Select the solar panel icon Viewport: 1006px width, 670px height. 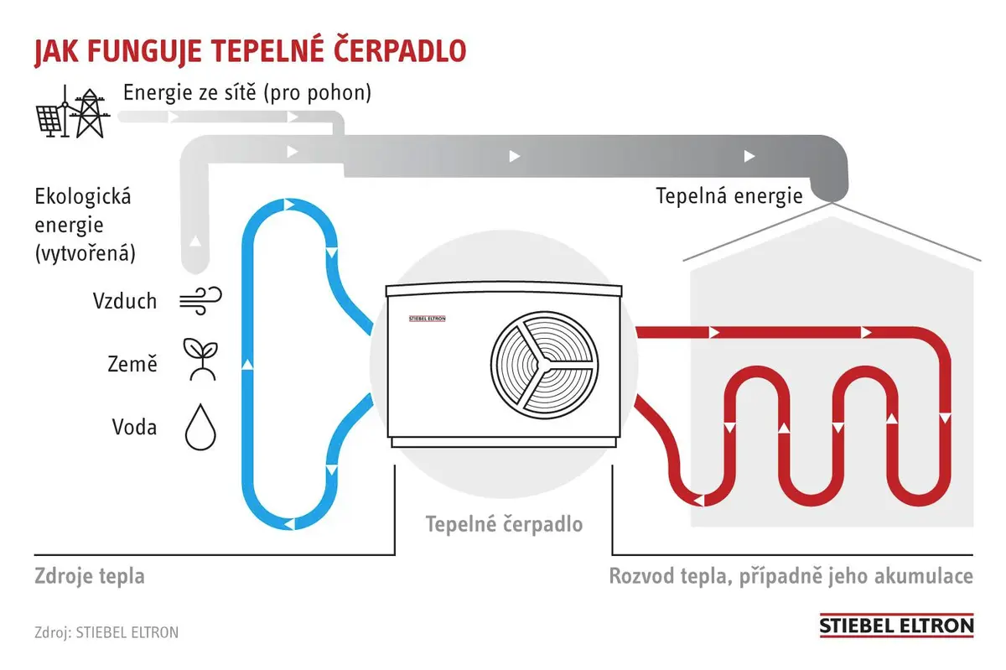pos(50,120)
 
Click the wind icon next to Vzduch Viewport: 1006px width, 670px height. pos(200,300)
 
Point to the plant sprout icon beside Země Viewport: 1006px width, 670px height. pos(200,360)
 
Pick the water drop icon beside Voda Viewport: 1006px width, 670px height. pos(200,427)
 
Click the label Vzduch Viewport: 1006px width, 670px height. pos(125,301)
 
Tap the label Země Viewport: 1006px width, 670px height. pos(132,363)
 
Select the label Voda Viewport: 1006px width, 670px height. pos(134,427)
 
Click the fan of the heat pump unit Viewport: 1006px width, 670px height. pos(544,366)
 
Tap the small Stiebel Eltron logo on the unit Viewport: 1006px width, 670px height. pos(427,319)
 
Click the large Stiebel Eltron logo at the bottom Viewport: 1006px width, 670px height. pos(896,625)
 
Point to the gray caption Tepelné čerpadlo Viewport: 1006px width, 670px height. pos(504,524)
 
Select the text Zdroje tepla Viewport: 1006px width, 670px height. pos(90,576)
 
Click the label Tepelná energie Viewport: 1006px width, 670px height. pos(729,196)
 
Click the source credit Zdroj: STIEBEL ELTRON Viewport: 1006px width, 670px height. pos(106,632)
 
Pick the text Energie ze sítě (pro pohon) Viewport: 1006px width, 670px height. pos(247,93)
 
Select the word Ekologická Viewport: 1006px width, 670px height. pos(83,197)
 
